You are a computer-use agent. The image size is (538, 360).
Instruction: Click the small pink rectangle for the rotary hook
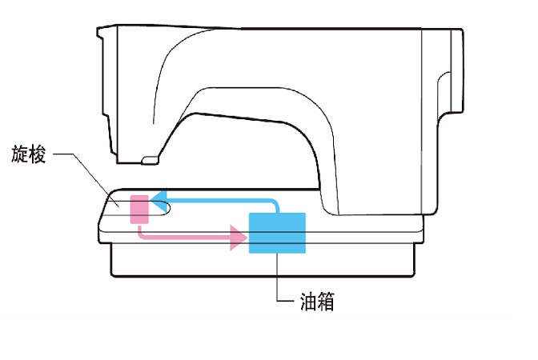[x=139, y=209]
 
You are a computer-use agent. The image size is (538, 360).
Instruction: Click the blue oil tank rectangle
[x=278, y=234]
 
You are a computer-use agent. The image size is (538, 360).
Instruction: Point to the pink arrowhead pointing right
[x=238, y=237]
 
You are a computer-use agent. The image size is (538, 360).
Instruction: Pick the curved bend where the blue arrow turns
[x=274, y=202]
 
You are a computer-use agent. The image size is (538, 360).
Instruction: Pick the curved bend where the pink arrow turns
[x=142, y=234]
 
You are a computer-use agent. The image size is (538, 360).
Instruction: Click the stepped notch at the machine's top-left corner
[x=102, y=35]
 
